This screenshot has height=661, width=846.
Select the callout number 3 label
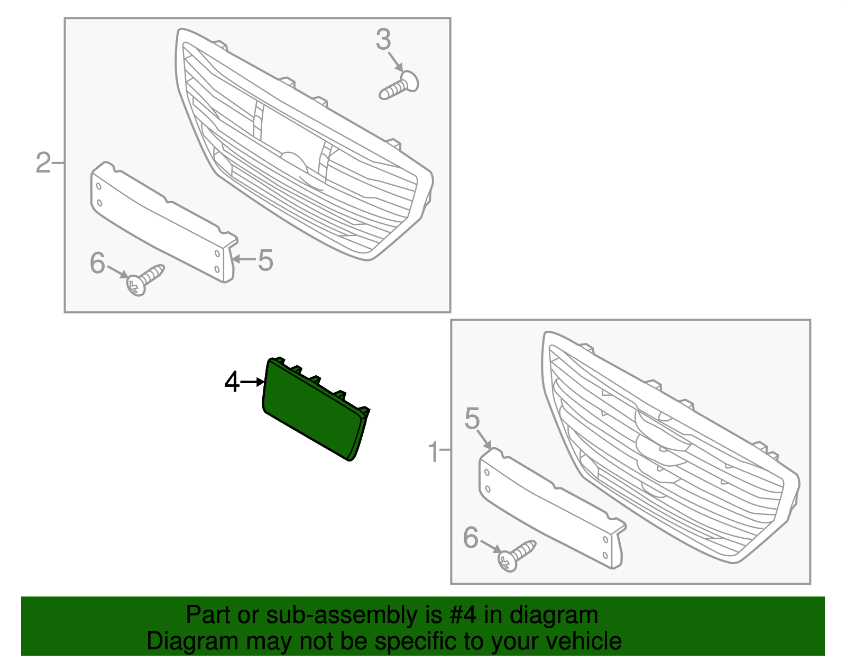click(x=383, y=39)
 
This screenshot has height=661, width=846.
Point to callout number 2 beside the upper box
click(x=43, y=163)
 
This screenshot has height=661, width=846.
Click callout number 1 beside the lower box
click(x=434, y=452)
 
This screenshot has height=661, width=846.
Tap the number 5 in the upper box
click(x=265, y=260)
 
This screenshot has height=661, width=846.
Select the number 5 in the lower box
click(x=472, y=419)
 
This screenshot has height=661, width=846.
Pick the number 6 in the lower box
click(x=471, y=538)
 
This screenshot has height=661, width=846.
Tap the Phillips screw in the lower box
click(x=517, y=556)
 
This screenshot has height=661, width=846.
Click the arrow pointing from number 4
click(x=253, y=382)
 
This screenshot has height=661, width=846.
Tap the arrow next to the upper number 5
click(x=244, y=259)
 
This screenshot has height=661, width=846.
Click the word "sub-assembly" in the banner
click(x=354, y=615)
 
